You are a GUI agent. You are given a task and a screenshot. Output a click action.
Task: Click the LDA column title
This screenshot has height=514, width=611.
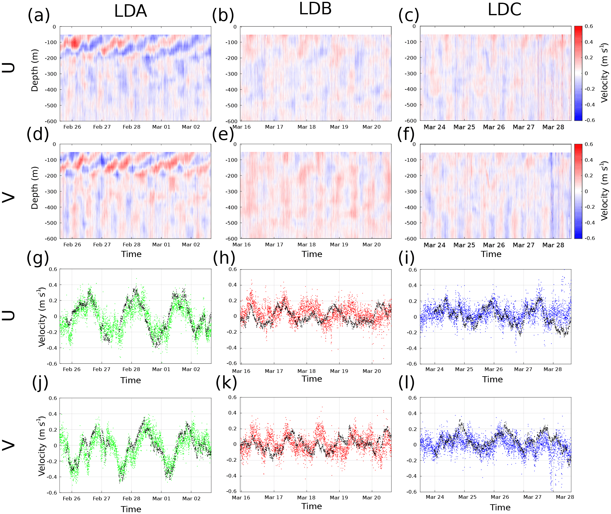pyautogui.click(x=130, y=11)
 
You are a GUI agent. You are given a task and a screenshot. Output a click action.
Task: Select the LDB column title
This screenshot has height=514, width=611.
pyautogui.click(x=315, y=9)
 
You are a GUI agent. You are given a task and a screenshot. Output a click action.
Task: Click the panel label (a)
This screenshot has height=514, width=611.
pyautogui.click(x=39, y=15)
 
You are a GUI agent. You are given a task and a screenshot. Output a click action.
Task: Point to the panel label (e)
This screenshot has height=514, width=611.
pyautogui.click(x=223, y=134)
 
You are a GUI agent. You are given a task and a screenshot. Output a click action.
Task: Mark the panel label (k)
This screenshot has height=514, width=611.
pyautogui.click(x=226, y=383)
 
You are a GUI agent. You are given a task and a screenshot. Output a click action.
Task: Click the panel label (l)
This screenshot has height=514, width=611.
pyautogui.click(x=406, y=383)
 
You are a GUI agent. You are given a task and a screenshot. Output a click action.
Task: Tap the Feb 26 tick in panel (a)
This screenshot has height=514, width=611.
pyautogui.click(x=72, y=127)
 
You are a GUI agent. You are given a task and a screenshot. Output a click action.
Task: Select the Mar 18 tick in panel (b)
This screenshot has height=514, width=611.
pyautogui.click(x=306, y=127)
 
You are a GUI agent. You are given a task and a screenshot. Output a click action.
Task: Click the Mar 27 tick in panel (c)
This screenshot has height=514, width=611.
pyautogui.click(x=523, y=127)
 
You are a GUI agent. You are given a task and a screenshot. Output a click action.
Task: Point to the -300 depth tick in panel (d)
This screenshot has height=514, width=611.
pyautogui.click(x=51, y=192)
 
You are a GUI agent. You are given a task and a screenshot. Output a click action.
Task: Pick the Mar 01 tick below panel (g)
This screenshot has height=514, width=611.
pyautogui.click(x=161, y=369)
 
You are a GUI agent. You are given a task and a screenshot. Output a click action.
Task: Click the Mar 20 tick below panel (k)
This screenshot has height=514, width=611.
pyautogui.click(x=371, y=498)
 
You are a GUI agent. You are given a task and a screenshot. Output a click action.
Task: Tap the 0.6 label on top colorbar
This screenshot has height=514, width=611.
pyautogui.click(x=589, y=26)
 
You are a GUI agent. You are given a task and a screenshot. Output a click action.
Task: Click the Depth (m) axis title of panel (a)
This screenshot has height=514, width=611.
pyautogui.click(x=35, y=70)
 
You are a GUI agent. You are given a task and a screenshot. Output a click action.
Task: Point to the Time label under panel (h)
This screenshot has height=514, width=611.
pyautogui.click(x=312, y=379)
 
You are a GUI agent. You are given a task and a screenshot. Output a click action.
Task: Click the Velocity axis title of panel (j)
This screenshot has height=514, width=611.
pyautogui.click(x=42, y=446)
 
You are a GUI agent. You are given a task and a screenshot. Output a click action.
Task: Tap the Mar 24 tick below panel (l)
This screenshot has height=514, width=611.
pyautogui.click(x=435, y=497)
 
